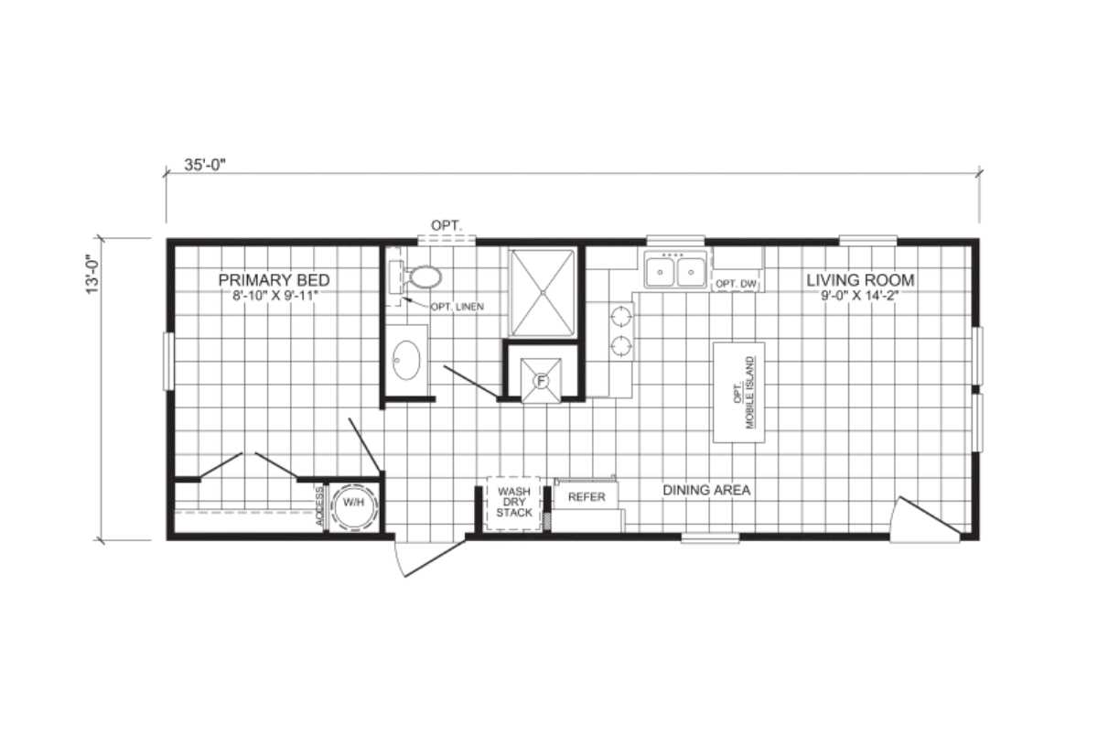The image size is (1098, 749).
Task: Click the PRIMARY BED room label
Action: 274,280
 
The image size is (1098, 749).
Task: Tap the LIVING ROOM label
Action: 860,280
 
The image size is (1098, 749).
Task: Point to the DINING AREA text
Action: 706,490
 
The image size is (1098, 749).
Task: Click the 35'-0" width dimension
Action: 204,166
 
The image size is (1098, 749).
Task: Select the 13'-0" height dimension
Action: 92,274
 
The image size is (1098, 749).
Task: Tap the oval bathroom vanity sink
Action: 406,360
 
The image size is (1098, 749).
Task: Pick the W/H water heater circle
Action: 354,506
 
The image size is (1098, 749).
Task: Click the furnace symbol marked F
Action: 541,381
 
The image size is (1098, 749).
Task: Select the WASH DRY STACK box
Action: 513,504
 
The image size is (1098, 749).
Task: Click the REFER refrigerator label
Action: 587,497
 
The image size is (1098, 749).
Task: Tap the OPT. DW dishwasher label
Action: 737,284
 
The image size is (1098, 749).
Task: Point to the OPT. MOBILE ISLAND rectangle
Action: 738,393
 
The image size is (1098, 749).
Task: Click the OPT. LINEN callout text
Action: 457,307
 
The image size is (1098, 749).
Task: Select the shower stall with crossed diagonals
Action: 543,293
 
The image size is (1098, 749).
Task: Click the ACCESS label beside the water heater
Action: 319,506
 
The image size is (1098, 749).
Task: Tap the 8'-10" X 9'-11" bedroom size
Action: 275,296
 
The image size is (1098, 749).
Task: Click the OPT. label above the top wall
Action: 447,225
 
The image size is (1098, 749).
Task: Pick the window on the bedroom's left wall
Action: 168,362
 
